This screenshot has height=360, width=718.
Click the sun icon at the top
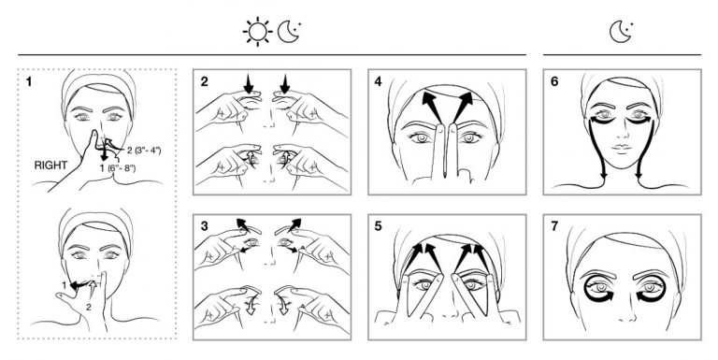pos(257,32)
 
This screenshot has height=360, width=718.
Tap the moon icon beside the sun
pos(290,32)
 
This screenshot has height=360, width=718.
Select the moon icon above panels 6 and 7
pos(622,32)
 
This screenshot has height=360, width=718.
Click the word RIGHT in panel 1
pos(50,166)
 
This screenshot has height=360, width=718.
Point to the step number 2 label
pos(204,81)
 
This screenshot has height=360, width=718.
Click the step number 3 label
pos(204,226)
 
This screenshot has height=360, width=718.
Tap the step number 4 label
pos(378,81)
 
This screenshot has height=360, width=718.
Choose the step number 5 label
pos(378,226)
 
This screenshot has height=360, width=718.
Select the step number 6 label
pos(554,81)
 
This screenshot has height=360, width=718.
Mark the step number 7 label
pos(554,226)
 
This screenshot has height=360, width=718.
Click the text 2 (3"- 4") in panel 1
pos(144,150)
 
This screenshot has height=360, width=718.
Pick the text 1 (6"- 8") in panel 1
pos(118,168)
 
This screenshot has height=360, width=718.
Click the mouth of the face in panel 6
pos(622,148)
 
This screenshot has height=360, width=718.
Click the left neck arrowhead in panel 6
pos(604,175)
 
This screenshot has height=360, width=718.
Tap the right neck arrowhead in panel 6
pos(639,175)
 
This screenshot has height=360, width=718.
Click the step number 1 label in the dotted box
pos(29,82)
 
